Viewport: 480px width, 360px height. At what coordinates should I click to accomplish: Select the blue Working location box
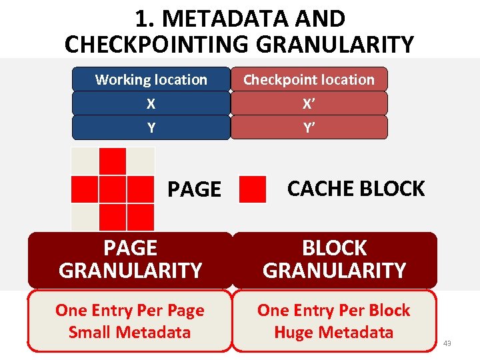(x=151, y=79)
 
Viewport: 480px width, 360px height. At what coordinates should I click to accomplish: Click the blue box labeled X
(x=151, y=103)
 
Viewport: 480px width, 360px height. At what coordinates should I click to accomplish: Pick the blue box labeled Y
(x=151, y=127)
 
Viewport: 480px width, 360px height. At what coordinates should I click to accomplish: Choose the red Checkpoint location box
(x=309, y=79)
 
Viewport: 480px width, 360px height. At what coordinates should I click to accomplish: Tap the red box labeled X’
(x=309, y=103)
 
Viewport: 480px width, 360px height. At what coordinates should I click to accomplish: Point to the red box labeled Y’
(x=309, y=127)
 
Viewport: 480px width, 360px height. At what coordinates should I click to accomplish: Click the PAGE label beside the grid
(x=194, y=189)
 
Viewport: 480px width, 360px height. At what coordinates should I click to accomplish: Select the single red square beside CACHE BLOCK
(x=252, y=189)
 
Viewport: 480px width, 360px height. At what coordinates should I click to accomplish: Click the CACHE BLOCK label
(x=355, y=189)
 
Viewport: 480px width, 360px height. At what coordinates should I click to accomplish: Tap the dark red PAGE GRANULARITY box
(x=130, y=259)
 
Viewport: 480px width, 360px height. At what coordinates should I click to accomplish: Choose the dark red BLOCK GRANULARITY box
(x=334, y=259)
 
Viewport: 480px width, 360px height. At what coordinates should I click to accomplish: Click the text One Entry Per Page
(x=130, y=310)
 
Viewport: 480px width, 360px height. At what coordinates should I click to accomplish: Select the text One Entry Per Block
(x=334, y=310)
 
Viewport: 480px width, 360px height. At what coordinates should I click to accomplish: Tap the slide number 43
(x=447, y=343)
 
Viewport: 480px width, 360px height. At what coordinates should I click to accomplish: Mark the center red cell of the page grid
(x=113, y=189)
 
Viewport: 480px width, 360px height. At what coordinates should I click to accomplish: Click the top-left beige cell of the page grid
(x=85, y=161)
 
